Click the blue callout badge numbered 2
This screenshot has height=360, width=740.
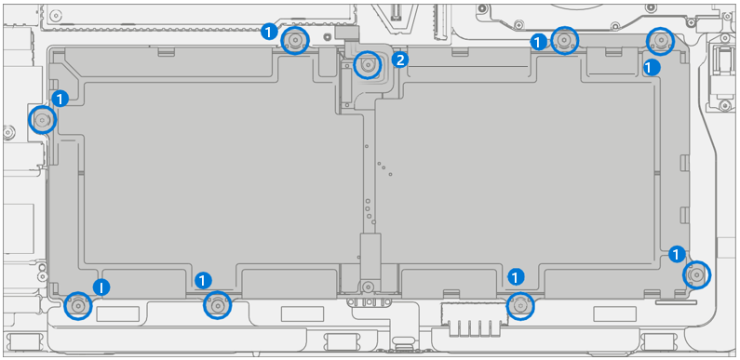pyautogui.click(x=400, y=60)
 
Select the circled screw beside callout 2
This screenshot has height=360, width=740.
pyautogui.click(x=369, y=64)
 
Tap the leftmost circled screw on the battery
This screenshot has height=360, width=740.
pyautogui.click(x=42, y=119)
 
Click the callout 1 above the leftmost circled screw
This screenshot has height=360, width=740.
pyautogui.click(x=60, y=98)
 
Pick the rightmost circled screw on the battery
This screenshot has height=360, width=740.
pyautogui.click(x=695, y=274)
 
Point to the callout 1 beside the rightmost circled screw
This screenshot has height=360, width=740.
pyautogui.click(x=677, y=253)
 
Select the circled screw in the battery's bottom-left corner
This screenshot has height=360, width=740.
pyautogui.click(x=78, y=304)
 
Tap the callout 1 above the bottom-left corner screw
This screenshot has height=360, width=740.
pyautogui.click(x=101, y=287)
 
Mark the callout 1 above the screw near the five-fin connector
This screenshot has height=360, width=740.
pyautogui.click(x=516, y=276)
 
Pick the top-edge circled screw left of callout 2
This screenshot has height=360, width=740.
pyautogui.click(x=295, y=40)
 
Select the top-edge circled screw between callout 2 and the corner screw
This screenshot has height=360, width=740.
pyautogui.click(x=564, y=40)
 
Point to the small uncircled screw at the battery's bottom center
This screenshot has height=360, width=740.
pyautogui.click(x=369, y=287)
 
